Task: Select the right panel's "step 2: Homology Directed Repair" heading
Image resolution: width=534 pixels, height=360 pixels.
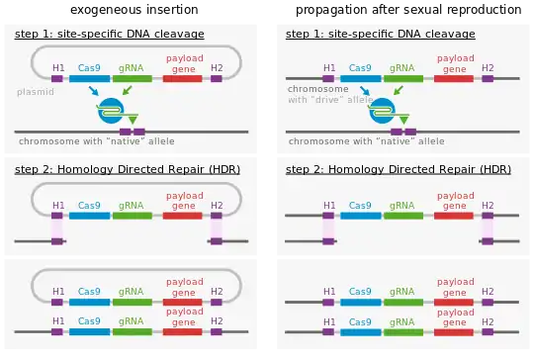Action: click(x=398, y=169)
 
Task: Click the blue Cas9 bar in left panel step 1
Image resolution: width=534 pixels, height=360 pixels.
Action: click(x=90, y=78)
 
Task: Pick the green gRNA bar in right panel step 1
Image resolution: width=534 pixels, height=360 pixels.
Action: click(x=401, y=78)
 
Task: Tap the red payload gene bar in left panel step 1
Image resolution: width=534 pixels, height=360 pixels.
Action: click(x=182, y=78)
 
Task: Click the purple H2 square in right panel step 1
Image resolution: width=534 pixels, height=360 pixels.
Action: click(x=487, y=78)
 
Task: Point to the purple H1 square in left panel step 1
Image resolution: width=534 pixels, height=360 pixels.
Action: click(x=57, y=78)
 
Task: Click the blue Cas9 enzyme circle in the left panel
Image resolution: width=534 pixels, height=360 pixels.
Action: click(x=111, y=112)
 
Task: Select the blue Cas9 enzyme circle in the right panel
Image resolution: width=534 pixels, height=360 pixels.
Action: click(x=382, y=112)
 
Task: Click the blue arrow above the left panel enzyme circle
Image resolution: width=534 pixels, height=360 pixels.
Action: click(x=94, y=91)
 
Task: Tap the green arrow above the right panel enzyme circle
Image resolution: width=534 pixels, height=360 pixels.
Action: click(x=398, y=92)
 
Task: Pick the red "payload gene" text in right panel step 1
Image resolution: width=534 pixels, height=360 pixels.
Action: click(x=454, y=64)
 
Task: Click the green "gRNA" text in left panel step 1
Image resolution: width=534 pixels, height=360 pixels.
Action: click(x=131, y=67)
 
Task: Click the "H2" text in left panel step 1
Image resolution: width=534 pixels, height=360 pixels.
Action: click(x=216, y=67)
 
